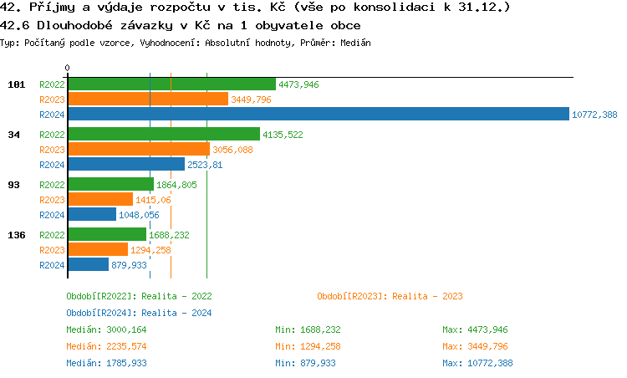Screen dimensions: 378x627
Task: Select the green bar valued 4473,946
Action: click(x=171, y=84)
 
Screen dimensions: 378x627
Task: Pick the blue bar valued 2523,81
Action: click(x=126, y=165)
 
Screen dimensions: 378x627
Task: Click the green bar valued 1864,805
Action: click(x=110, y=184)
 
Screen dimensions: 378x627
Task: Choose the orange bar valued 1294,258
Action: click(x=98, y=250)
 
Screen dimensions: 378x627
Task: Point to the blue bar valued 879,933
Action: click(x=88, y=265)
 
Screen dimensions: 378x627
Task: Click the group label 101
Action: click(x=17, y=84)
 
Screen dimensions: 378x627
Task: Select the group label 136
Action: click(x=17, y=235)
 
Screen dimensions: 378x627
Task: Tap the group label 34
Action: click(x=13, y=135)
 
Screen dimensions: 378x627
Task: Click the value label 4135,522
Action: click(x=283, y=135)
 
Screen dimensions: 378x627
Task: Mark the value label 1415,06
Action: click(x=153, y=200)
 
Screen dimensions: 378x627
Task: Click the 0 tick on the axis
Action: click(x=68, y=69)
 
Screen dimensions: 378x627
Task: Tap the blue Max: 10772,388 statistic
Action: click(x=477, y=363)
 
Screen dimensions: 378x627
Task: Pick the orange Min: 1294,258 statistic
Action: click(x=308, y=346)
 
